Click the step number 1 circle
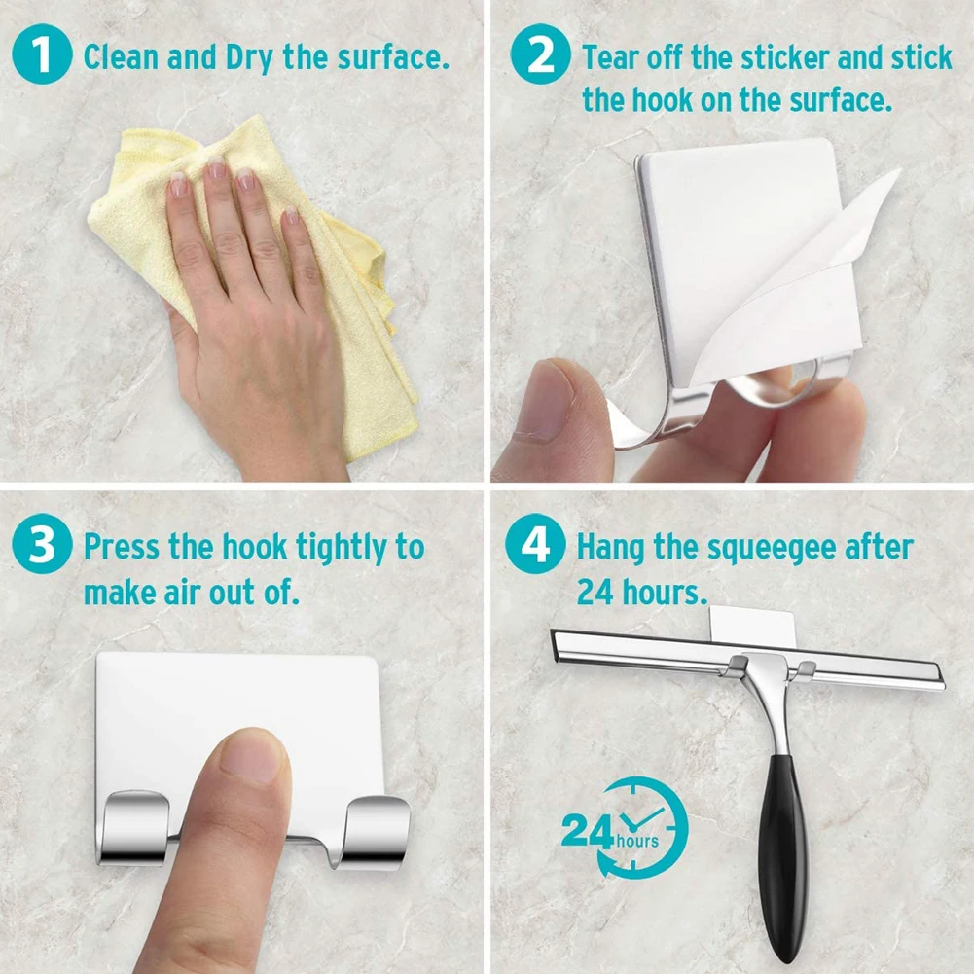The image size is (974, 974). click(x=42, y=56)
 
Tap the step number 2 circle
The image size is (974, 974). click(x=534, y=56)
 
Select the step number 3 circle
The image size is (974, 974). click(x=42, y=546)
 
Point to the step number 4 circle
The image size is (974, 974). click(x=534, y=546)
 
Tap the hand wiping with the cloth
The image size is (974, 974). click(x=253, y=321)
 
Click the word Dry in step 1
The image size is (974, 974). click(x=250, y=57)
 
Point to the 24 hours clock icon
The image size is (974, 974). click(x=624, y=827)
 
